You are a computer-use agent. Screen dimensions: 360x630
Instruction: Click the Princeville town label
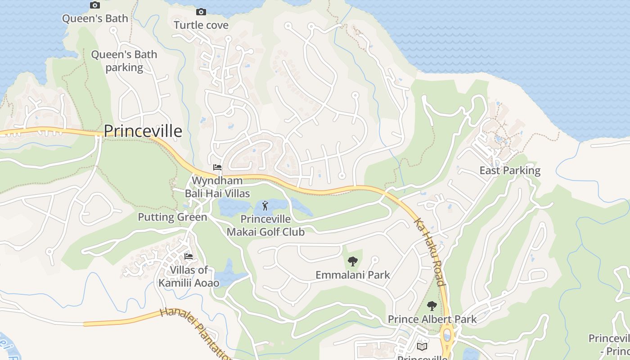(143, 131)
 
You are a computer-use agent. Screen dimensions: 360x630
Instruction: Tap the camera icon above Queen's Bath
(95, 5)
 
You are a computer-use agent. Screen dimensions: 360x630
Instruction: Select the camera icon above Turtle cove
(201, 12)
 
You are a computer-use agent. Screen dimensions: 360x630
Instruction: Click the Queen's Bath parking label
(124, 61)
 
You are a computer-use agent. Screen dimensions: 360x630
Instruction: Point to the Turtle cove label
(201, 25)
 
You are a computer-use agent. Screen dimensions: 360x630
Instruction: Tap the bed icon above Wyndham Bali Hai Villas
(217, 167)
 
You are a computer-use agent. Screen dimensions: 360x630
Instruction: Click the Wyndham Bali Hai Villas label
(217, 187)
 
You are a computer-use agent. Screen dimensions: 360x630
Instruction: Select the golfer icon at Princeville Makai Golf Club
(265, 206)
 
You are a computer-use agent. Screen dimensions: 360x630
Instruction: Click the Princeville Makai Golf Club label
(265, 226)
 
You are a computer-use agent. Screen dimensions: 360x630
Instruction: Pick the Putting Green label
(172, 217)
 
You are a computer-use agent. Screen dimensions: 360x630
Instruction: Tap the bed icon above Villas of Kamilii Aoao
(189, 256)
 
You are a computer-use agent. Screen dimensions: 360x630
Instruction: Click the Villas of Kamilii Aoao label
(189, 276)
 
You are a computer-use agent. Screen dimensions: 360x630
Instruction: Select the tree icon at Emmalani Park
(353, 261)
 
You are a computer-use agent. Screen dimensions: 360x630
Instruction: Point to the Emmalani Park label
(353, 274)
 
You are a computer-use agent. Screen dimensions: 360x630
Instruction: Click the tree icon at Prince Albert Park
(432, 306)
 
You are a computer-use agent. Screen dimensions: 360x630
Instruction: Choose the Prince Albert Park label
(432, 319)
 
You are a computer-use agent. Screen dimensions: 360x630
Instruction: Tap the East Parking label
(510, 171)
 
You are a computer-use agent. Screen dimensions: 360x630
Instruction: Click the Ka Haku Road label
(430, 252)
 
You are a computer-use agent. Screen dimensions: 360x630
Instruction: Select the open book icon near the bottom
(422, 346)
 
